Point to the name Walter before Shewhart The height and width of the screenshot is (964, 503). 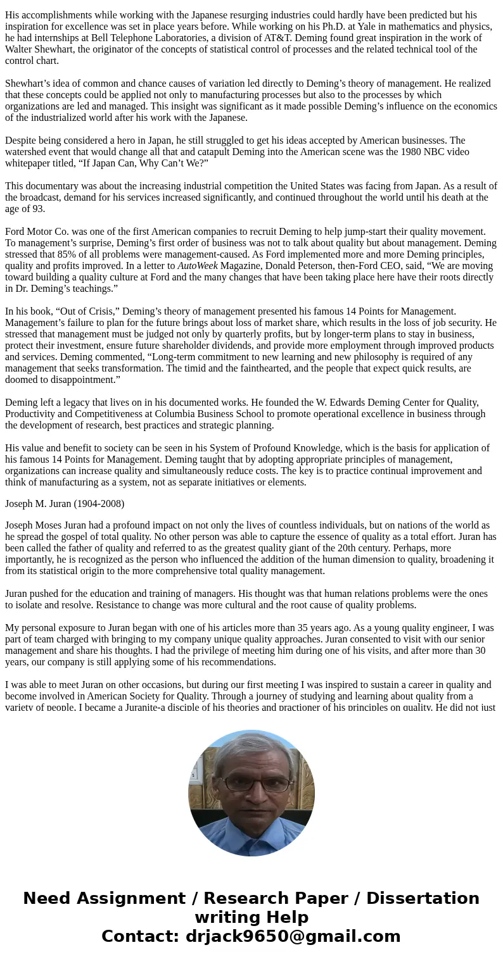pos(20,49)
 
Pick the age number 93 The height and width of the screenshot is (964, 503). pos(37,208)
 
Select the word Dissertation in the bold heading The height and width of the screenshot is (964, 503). pos(423,898)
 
